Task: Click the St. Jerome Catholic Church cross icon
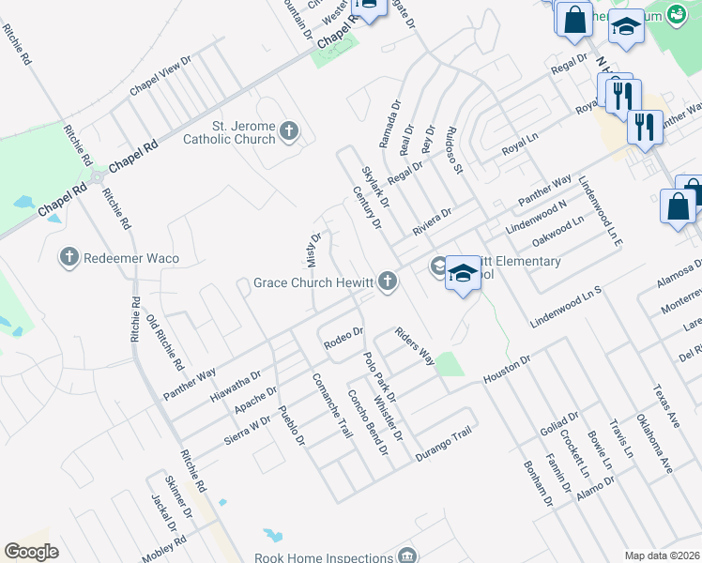click(x=289, y=130)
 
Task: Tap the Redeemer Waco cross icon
click(x=69, y=257)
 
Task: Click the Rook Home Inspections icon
click(x=407, y=556)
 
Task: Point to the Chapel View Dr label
click(x=160, y=74)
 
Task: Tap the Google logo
click(x=32, y=551)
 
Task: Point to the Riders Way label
click(x=414, y=346)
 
